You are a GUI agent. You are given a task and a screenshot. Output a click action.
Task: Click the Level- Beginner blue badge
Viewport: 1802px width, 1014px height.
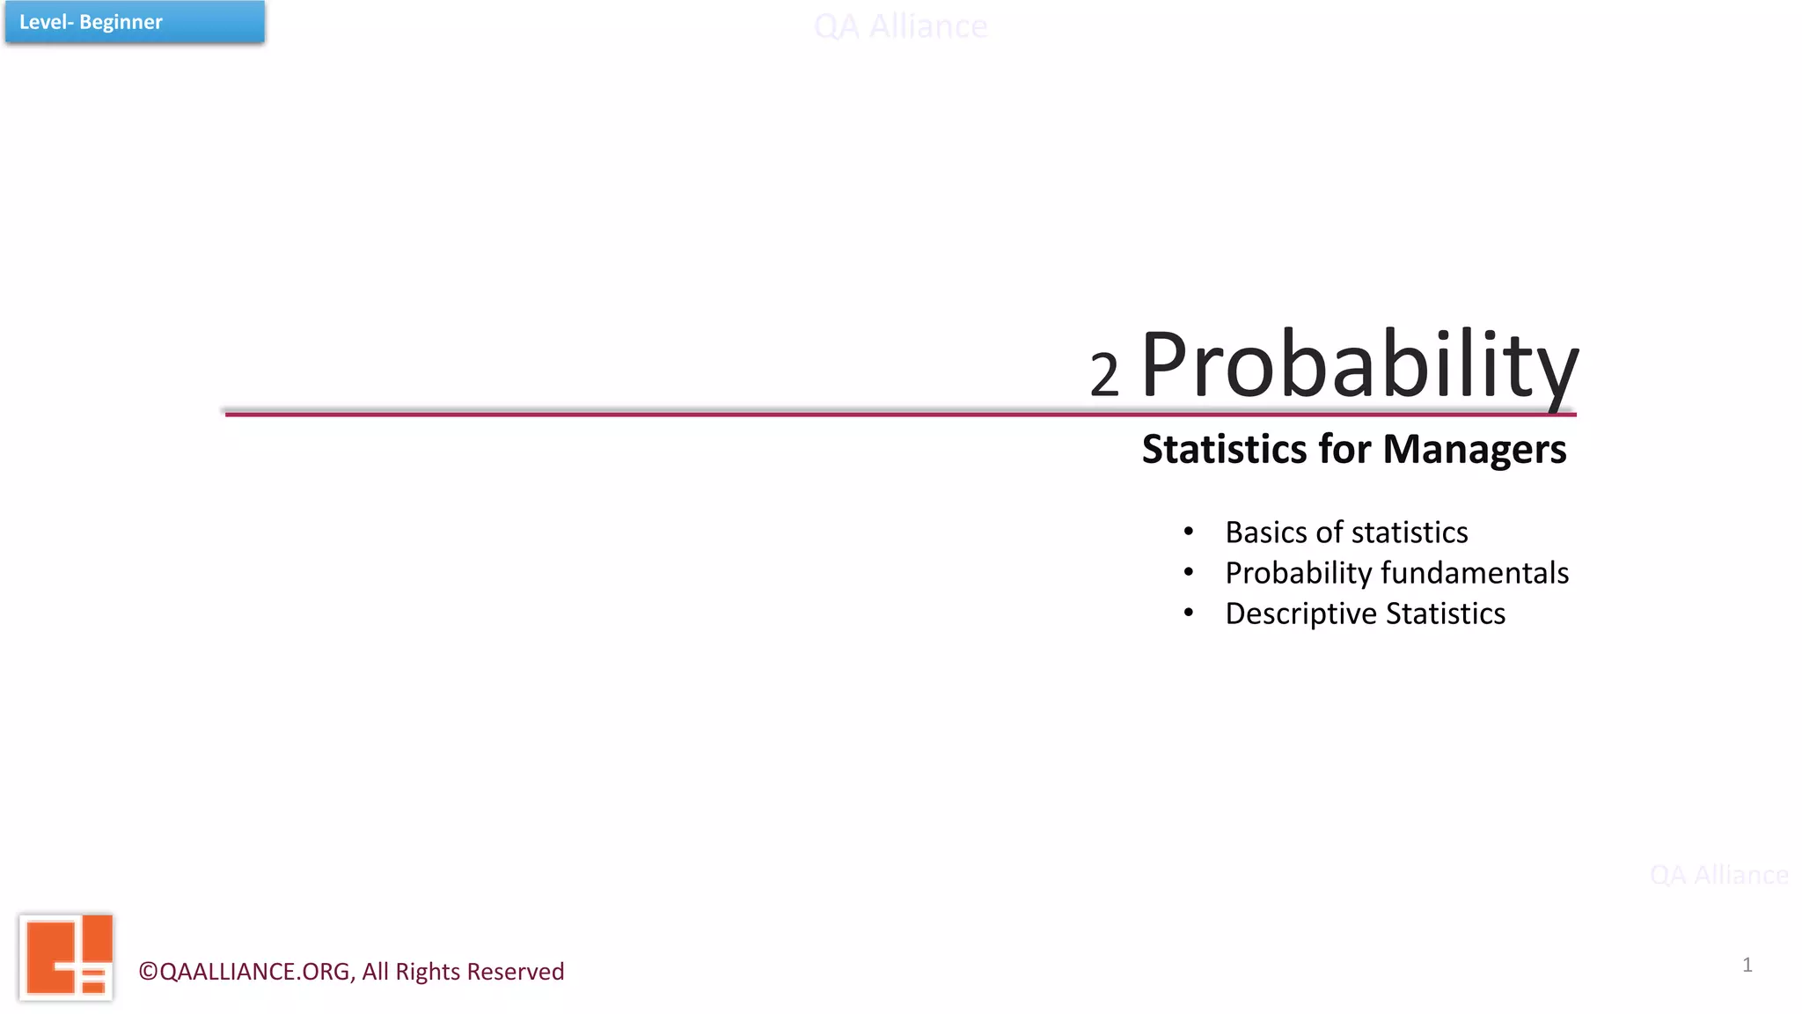(135, 22)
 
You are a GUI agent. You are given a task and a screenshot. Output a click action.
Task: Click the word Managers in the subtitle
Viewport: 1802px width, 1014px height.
(1475, 449)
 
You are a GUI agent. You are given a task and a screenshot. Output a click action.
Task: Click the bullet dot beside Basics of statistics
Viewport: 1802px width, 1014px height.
(1189, 531)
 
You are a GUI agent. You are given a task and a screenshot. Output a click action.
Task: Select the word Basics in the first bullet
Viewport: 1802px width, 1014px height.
(1266, 533)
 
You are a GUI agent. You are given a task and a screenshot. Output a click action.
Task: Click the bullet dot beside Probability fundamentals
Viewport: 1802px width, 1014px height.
(1189, 572)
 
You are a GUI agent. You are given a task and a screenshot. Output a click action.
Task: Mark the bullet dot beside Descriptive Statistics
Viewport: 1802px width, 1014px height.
(1189, 613)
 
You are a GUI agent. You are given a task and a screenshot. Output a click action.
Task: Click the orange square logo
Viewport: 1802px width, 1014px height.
(67, 957)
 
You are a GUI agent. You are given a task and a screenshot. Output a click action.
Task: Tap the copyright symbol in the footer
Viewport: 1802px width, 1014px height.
(148, 972)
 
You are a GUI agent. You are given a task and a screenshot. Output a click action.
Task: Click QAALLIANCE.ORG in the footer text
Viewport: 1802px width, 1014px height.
(255, 972)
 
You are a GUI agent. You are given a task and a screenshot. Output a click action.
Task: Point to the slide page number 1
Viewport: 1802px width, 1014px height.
(1747, 965)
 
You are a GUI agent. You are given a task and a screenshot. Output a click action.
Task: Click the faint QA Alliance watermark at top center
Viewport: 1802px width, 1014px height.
(900, 26)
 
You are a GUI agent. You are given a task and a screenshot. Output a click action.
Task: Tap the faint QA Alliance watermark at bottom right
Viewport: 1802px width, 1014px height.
(1718, 875)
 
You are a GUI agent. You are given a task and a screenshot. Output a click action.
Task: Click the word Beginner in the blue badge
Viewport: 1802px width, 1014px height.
(121, 22)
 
